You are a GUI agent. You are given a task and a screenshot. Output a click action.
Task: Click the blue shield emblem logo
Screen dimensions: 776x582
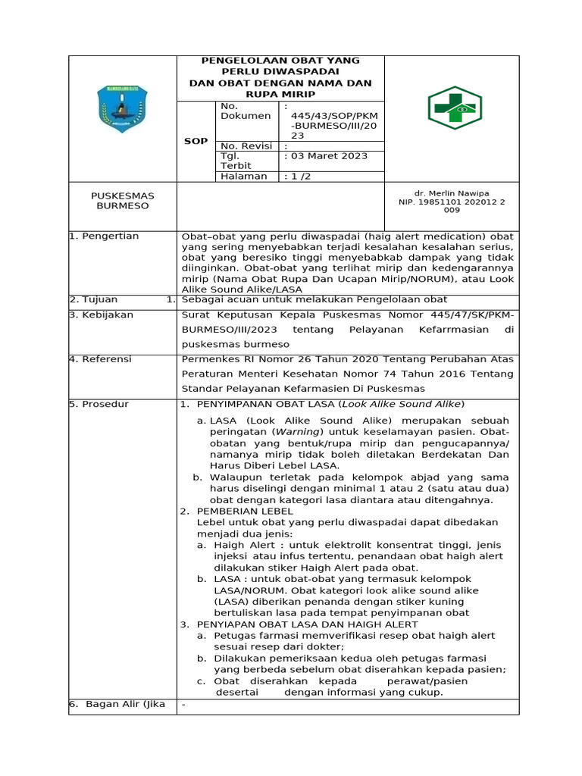pyautogui.click(x=122, y=109)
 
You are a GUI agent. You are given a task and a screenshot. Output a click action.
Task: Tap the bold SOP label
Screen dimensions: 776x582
pyautogui.click(x=196, y=141)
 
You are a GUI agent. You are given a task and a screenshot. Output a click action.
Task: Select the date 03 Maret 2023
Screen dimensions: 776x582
pyautogui.click(x=325, y=156)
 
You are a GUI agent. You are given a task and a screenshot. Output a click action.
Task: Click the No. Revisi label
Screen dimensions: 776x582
pyautogui.click(x=246, y=145)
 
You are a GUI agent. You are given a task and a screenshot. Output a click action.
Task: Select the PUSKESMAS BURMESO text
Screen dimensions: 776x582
pyautogui.click(x=122, y=201)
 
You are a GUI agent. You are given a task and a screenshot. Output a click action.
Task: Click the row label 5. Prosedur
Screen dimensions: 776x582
pyautogui.click(x=99, y=404)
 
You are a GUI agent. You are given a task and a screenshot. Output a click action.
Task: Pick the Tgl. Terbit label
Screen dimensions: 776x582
pyautogui.click(x=236, y=161)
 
